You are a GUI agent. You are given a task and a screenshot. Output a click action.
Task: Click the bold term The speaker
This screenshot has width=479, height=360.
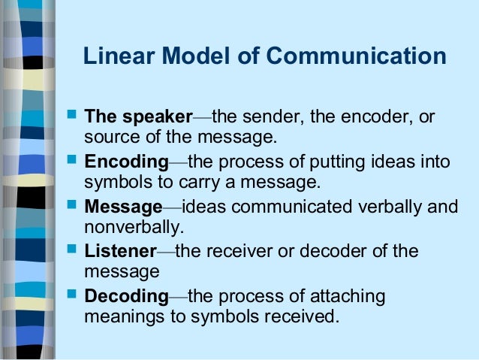[138, 118]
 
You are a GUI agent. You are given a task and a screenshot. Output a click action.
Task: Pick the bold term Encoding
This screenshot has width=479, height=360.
[126, 162]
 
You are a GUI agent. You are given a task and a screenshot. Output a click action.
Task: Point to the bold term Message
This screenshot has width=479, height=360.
[123, 207]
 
